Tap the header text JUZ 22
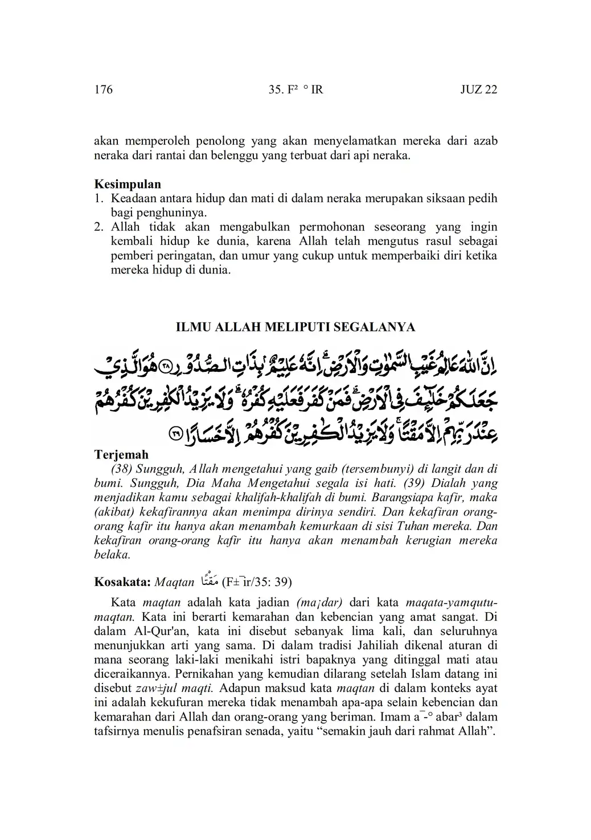[478, 89]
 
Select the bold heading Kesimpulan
[127, 184]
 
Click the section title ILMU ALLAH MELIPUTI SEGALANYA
[295, 327]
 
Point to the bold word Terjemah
[121, 454]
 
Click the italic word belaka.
[112, 555]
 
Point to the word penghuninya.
[173, 213]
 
